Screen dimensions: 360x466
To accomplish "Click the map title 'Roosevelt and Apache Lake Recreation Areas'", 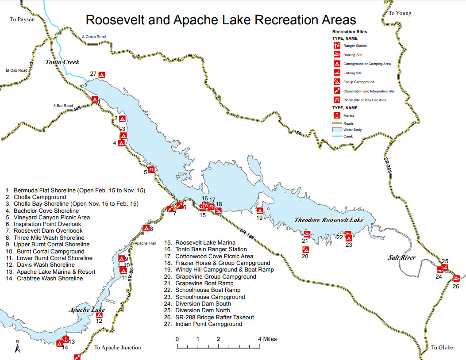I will pyautogui.click(x=220, y=20).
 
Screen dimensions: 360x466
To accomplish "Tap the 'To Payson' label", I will pyautogui.click(x=22, y=19).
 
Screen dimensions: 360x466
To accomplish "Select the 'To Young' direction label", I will pyautogui.click(x=400, y=13).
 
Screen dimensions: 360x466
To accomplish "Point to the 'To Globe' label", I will pyautogui.click(x=442, y=348).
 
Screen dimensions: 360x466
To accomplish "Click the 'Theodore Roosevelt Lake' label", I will pyautogui.click(x=329, y=220).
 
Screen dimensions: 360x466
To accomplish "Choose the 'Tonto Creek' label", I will pyautogui.click(x=62, y=62).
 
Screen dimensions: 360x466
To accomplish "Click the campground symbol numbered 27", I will pyautogui.click(x=102, y=75).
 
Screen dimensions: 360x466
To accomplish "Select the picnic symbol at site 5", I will pyautogui.click(x=151, y=169).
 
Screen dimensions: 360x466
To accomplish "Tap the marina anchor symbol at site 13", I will pyautogui.click(x=65, y=340).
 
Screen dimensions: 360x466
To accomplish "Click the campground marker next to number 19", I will pyautogui.click(x=260, y=211).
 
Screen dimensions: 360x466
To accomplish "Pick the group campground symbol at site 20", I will pyautogui.click(x=305, y=249).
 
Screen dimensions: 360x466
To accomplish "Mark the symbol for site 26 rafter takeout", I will pyautogui.click(x=457, y=278).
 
